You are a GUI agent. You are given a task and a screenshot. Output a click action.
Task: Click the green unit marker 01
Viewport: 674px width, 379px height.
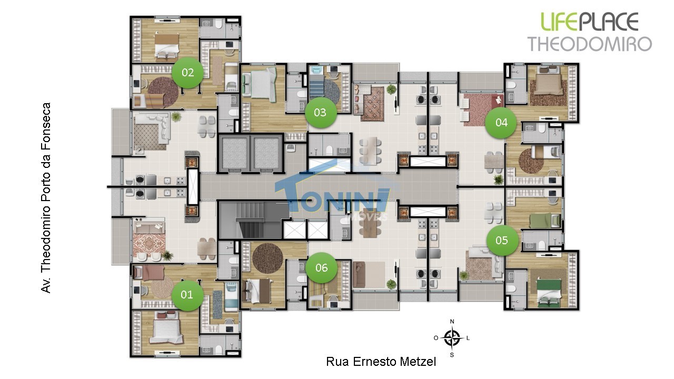pyautogui.click(x=187, y=295)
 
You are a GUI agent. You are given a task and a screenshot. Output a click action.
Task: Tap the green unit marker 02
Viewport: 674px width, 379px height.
pyautogui.click(x=187, y=73)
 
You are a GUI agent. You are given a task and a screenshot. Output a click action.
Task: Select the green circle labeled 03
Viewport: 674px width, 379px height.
pyautogui.click(x=321, y=113)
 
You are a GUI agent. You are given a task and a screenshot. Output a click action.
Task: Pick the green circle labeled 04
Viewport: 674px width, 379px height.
pyautogui.click(x=501, y=123)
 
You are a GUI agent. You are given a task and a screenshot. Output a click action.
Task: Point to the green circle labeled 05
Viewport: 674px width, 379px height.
pyautogui.click(x=502, y=241)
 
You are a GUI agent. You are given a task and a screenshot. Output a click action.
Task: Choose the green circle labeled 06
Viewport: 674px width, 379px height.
pyautogui.click(x=321, y=268)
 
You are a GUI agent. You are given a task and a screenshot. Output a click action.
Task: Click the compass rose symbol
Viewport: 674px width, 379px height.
pyautogui.click(x=452, y=338)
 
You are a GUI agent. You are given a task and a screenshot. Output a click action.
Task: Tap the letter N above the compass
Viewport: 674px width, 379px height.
pyautogui.click(x=452, y=322)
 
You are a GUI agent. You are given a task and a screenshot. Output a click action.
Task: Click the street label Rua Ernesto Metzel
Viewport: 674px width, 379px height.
pyautogui.click(x=381, y=362)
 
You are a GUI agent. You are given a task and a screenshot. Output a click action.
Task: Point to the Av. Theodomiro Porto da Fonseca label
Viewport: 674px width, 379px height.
pyautogui.click(x=46, y=197)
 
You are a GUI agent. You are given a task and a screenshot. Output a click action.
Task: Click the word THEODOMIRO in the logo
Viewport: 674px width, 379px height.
pyautogui.click(x=590, y=44)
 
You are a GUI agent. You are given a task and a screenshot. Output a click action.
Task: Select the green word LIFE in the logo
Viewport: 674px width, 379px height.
pyautogui.click(x=560, y=22)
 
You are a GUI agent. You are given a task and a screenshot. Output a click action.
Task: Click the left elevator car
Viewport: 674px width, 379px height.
pyautogui.click(x=235, y=153)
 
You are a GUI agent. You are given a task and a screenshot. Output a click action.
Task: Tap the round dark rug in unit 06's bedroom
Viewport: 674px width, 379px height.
pyautogui.click(x=267, y=258)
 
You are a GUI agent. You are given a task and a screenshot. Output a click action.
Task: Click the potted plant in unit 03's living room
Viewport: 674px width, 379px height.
pyautogui.click(x=391, y=89)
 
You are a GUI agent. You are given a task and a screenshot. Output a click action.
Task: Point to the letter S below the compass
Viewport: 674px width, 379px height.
pyautogui.click(x=452, y=355)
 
